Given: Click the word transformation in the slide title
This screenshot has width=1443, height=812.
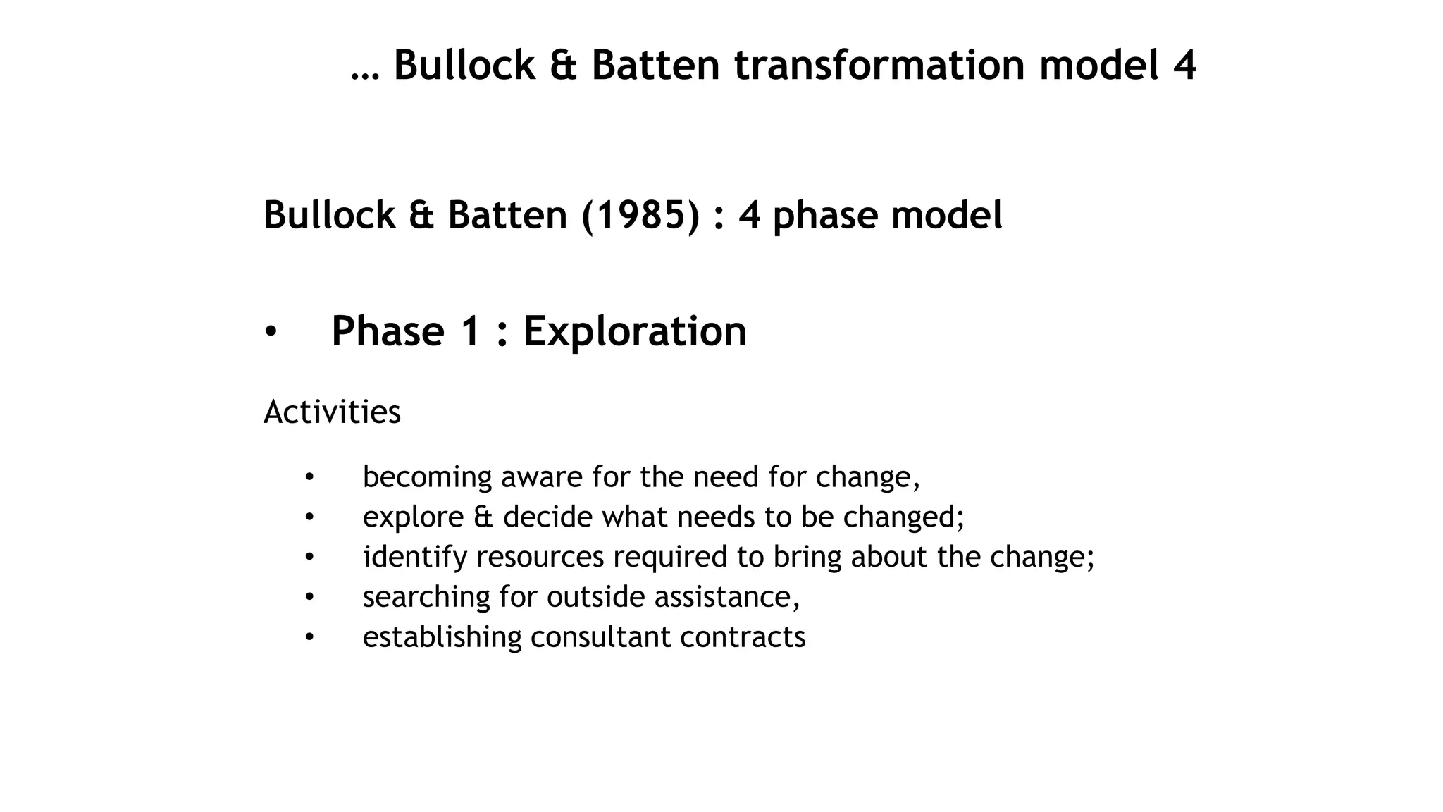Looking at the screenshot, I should (879, 66).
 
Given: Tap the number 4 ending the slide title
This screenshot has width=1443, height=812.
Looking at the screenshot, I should (1184, 66).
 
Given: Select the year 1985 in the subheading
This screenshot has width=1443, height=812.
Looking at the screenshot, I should (640, 215).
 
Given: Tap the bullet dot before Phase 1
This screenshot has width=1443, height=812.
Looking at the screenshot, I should (271, 331).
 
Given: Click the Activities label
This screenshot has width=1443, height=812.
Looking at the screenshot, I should (332, 412).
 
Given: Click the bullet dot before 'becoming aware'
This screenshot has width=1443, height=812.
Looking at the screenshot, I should (309, 478).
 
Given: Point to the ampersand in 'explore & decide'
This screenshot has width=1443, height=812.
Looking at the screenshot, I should (483, 517).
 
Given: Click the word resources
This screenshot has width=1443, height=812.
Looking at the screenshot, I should (540, 558).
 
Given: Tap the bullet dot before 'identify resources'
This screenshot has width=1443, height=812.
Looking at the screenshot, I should (309, 558).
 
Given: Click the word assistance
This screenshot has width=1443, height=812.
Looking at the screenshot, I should (726, 597).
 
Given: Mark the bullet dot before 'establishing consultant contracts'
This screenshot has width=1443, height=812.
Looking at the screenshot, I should (309, 637).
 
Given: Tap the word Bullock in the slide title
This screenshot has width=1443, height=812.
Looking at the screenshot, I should (464, 66).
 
